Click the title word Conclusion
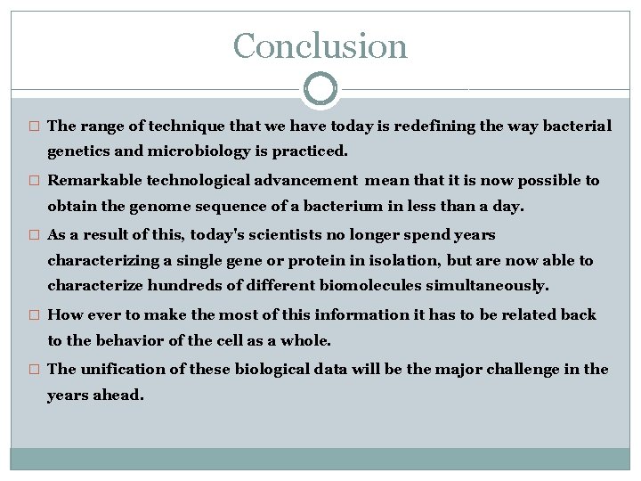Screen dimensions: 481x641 320,45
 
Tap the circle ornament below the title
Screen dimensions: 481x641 320,89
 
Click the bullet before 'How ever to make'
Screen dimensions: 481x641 35,315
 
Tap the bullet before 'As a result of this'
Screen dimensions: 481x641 35,236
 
